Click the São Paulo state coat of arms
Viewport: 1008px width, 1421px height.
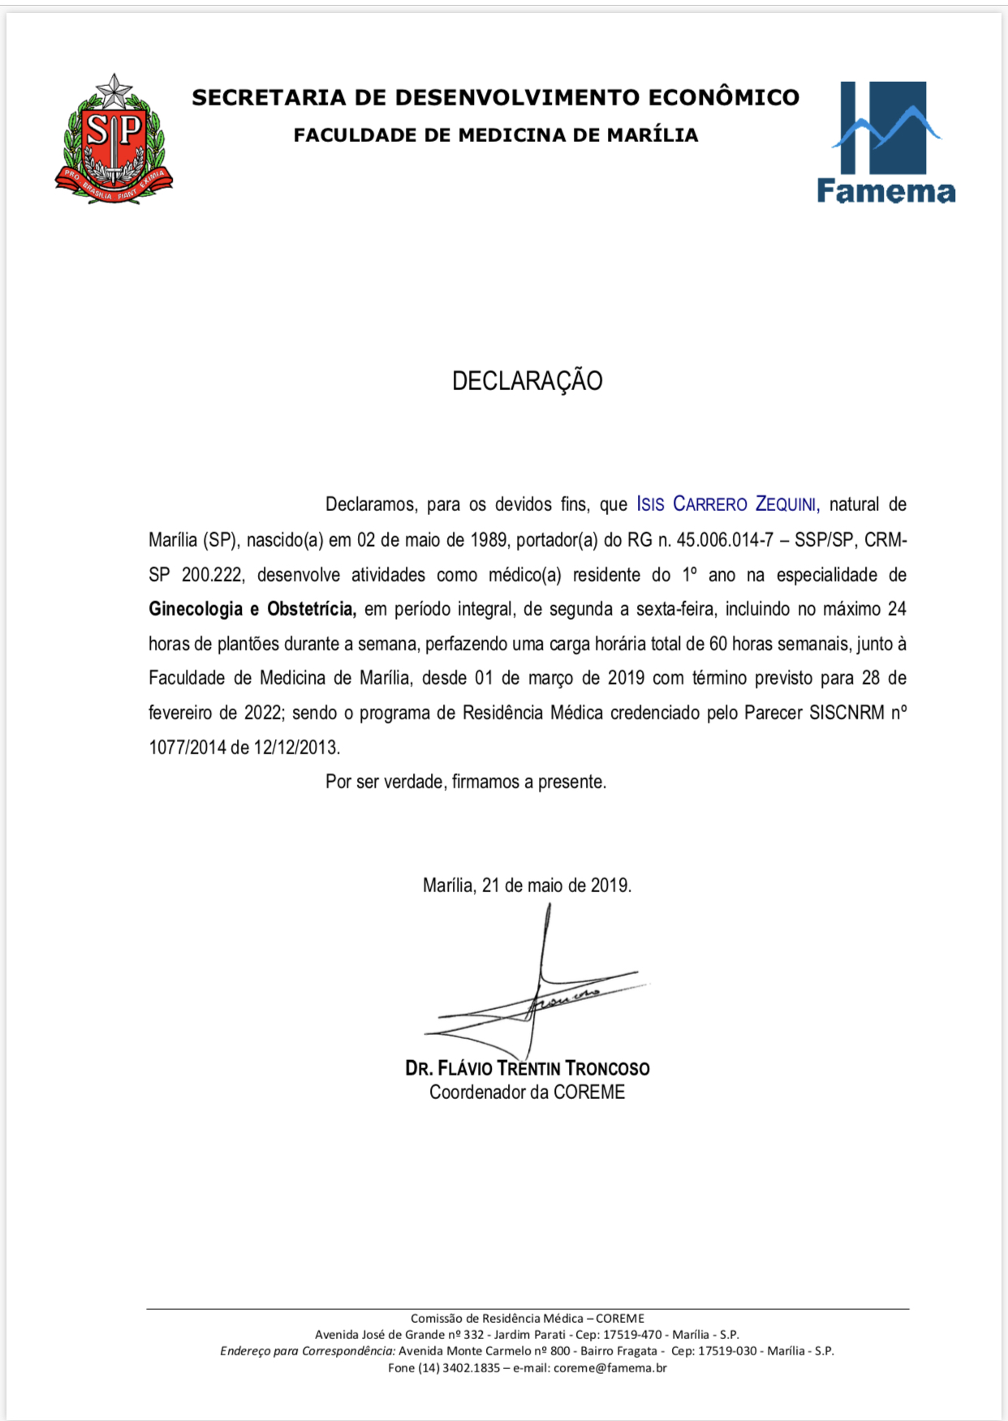click(x=114, y=140)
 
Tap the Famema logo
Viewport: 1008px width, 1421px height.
click(x=885, y=143)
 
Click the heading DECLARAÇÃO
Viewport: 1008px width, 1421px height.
click(x=527, y=381)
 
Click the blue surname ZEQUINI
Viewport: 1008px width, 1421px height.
click(x=786, y=504)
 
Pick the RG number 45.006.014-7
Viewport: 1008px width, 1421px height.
click(x=725, y=540)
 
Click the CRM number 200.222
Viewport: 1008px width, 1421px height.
click(x=212, y=575)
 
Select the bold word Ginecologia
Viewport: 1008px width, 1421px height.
click(x=196, y=609)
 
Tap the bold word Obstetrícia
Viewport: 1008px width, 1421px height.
click(x=312, y=609)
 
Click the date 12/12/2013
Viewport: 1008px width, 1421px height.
click(x=296, y=748)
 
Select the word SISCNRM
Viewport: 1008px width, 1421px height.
click(x=846, y=713)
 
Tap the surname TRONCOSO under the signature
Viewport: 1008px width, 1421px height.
click(x=607, y=1068)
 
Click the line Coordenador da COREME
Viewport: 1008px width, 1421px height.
click(x=527, y=1093)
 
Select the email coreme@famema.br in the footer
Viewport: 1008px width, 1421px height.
click(x=610, y=1368)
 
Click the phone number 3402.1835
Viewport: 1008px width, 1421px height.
click(x=471, y=1368)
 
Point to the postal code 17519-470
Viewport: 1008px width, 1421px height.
click(x=631, y=1335)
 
